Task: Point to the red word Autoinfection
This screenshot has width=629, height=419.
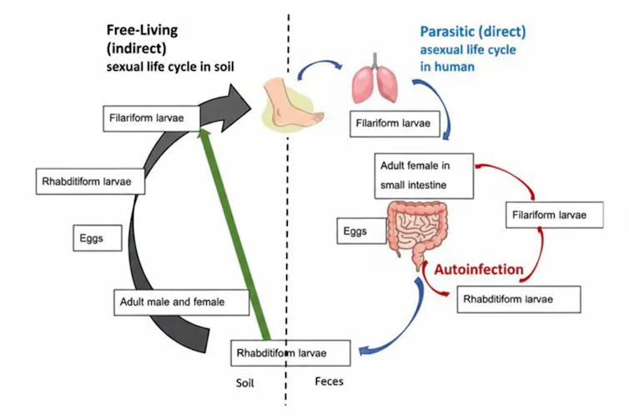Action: click(478, 269)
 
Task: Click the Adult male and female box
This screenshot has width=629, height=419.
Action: click(181, 301)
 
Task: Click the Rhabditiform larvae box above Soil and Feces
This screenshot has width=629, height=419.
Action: click(291, 353)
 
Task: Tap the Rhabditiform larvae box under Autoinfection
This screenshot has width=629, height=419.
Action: click(516, 298)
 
